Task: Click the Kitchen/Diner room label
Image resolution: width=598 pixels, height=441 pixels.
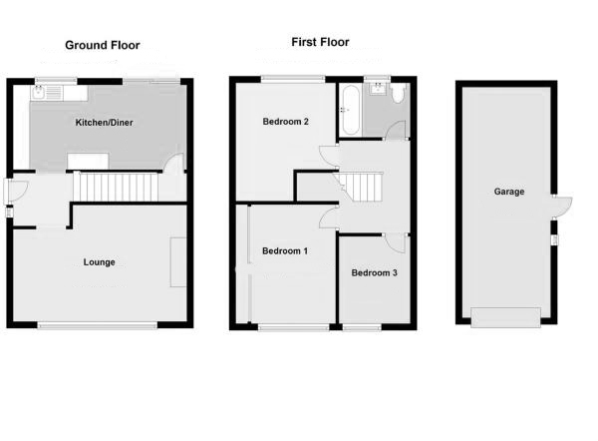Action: pos(105,123)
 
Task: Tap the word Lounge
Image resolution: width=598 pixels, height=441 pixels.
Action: pos(100,262)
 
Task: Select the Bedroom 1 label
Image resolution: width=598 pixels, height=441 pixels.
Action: pos(284,251)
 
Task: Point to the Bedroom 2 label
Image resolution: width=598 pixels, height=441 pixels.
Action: pos(285,123)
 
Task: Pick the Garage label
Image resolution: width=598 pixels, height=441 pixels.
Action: pos(508,192)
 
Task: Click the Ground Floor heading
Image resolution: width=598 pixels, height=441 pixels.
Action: pos(103,45)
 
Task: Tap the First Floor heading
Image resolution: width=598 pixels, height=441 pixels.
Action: pos(320,42)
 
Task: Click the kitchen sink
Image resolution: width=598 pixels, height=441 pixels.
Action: pos(45,93)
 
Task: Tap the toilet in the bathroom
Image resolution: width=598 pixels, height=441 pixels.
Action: pos(398,94)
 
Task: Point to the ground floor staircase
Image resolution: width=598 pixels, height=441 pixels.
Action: pos(118,186)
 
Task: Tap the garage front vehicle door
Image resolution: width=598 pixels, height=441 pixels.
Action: pos(506,317)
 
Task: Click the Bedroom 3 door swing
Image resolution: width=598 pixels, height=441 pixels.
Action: pos(396,241)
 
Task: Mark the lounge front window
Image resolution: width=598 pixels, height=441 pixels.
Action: pos(98,325)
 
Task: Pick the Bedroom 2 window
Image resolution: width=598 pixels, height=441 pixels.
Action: pos(293,78)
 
